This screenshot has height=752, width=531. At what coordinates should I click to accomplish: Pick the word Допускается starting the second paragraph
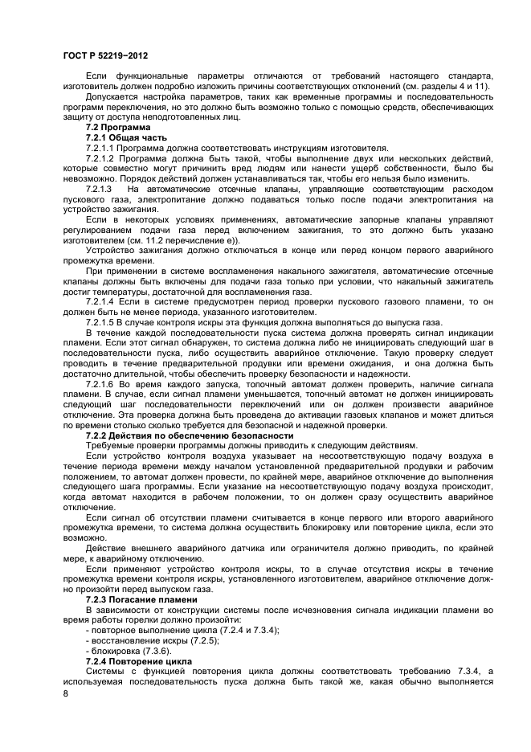pos(111,97)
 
